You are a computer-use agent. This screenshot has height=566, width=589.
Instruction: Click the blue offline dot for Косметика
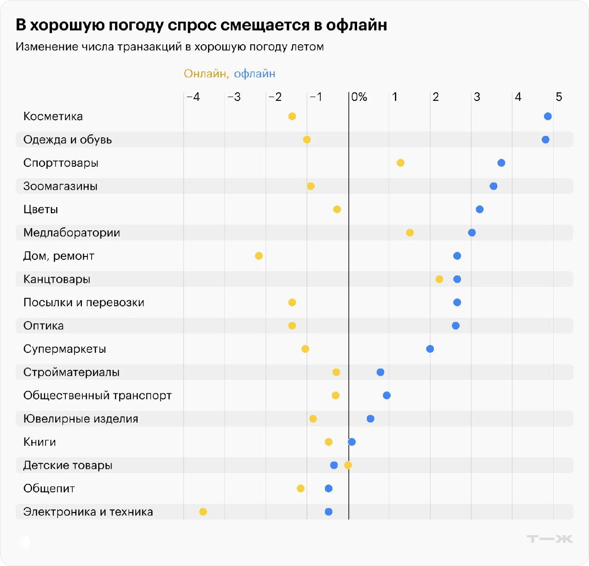(x=548, y=117)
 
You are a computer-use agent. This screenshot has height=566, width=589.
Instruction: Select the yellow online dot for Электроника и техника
(x=203, y=512)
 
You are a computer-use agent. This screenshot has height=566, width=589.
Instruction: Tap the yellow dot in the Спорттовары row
(x=400, y=163)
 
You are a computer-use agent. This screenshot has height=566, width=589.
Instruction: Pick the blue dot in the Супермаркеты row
(x=430, y=349)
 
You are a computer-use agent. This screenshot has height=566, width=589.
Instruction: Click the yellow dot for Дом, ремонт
(x=259, y=256)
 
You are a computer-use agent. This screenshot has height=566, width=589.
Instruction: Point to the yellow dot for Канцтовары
(x=439, y=279)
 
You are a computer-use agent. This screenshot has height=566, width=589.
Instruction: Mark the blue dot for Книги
(x=352, y=442)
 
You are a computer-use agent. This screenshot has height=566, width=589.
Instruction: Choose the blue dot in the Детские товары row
(x=334, y=465)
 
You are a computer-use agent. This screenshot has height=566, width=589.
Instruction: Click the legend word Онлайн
(x=206, y=74)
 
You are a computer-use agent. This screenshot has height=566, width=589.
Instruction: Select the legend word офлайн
(x=254, y=74)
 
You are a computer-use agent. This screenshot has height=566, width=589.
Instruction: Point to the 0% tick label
(x=359, y=97)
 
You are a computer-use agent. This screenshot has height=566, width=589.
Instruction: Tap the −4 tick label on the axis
(x=193, y=97)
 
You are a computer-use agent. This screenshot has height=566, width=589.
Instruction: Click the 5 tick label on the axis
(x=559, y=97)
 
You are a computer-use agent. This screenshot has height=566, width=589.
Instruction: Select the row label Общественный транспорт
(x=97, y=396)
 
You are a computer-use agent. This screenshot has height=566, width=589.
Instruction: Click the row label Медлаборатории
(x=71, y=233)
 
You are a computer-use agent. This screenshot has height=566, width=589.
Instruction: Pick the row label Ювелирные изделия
(x=81, y=419)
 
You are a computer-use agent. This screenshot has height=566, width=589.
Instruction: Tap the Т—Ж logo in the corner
(x=549, y=539)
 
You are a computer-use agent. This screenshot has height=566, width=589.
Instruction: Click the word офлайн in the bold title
(x=356, y=25)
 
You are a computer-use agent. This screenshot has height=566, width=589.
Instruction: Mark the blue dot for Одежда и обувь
(x=545, y=140)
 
